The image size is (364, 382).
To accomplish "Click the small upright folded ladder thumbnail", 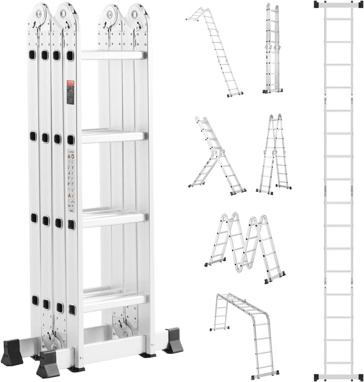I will click(272, 49).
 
